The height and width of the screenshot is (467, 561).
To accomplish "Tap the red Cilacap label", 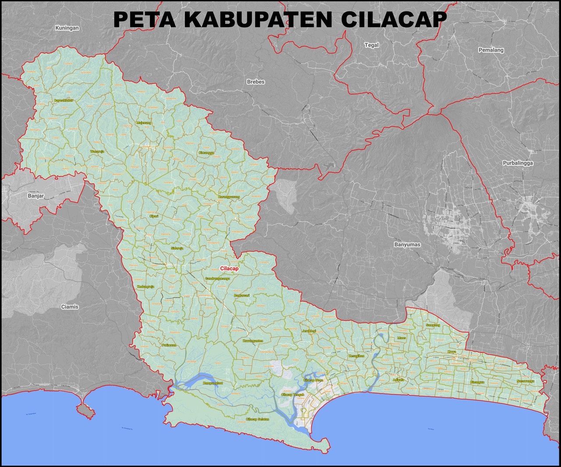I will click(x=229, y=269).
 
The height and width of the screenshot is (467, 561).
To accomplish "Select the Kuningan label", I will click(x=67, y=28).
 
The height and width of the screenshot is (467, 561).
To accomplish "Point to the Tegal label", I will click(x=371, y=45).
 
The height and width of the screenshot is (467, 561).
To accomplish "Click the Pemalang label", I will click(x=490, y=50).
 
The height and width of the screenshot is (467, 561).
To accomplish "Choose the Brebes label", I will click(x=256, y=82).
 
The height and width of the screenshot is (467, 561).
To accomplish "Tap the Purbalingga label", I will click(x=517, y=163).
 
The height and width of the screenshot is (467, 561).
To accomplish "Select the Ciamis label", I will click(x=70, y=307).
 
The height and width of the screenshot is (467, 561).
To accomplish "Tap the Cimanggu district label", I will click(x=206, y=153).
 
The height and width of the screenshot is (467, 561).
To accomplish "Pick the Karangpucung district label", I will click(x=228, y=197).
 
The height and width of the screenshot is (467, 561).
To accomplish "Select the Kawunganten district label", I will click(x=252, y=341).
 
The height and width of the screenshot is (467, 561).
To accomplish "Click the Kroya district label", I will click(x=451, y=352).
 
